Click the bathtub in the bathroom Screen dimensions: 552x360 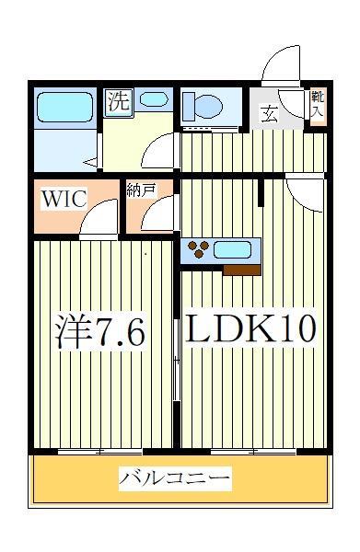(65, 109)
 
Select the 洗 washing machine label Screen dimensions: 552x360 (118, 101)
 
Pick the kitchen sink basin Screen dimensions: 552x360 (236, 248)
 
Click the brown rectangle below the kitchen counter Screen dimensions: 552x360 (242, 270)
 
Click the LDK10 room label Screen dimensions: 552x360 (253, 328)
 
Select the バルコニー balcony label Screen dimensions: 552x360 (175, 478)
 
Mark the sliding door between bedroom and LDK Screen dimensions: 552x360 (177, 354)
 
